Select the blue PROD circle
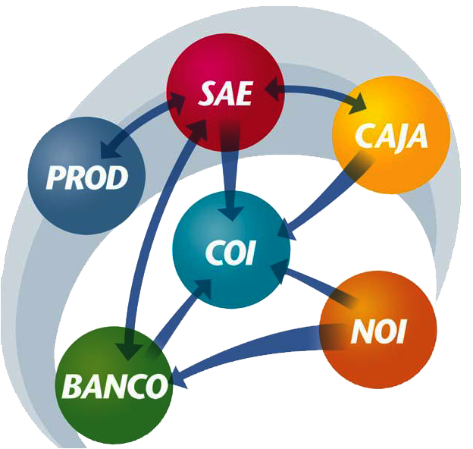click(x=87, y=176)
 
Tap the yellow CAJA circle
click(x=391, y=135)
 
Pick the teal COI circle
click(x=231, y=250)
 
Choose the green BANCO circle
click(x=114, y=385)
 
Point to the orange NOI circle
click(x=378, y=330)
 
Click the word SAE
click(x=225, y=94)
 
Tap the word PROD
click(x=87, y=177)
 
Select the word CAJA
click(x=391, y=137)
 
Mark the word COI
click(x=230, y=253)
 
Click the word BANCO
click(x=114, y=386)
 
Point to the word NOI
click(x=378, y=331)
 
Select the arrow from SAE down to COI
click(x=230, y=172)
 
